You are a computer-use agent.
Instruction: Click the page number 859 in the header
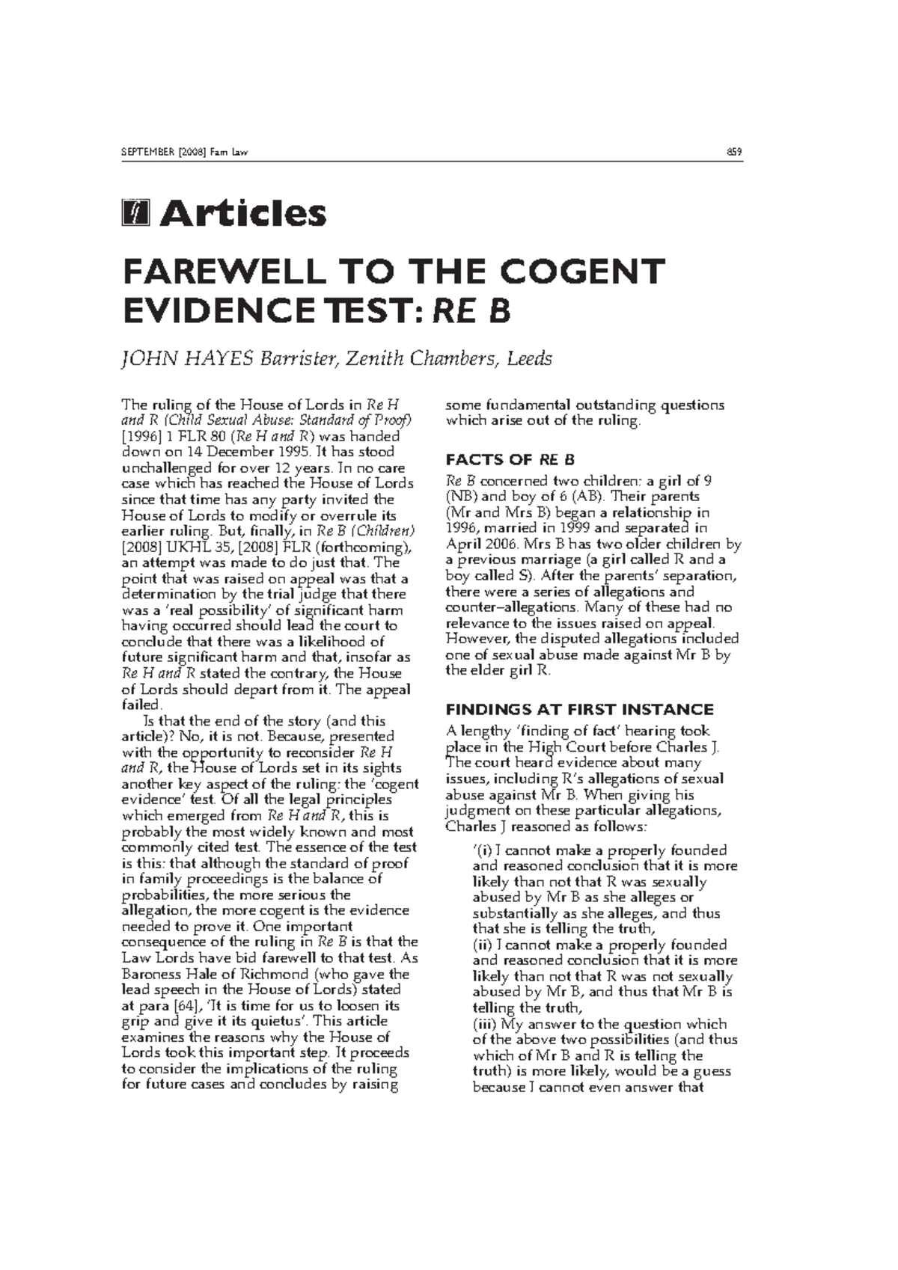734,153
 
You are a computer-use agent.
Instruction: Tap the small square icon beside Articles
135,213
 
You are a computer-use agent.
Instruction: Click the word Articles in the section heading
243,213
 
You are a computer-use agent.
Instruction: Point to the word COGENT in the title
582,272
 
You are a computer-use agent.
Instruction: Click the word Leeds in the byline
529,359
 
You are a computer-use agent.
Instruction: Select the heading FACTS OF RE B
510,459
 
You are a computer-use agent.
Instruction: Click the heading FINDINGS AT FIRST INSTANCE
579,709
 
